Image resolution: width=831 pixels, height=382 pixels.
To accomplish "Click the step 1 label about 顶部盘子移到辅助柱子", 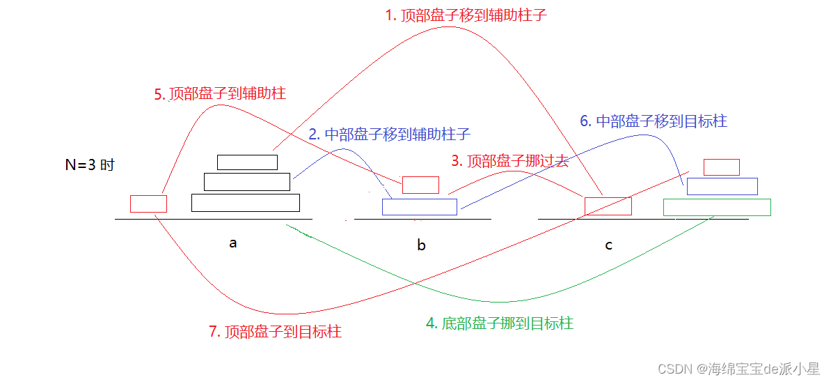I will coord(466,15).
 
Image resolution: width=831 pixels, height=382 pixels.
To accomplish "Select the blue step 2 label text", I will coord(389,135).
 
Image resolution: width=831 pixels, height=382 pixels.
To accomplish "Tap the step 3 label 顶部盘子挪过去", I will coord(509,161).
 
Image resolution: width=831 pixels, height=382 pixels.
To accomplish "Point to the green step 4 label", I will coord(499,323).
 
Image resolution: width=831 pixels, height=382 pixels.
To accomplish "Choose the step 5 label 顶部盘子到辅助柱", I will coord(220,93).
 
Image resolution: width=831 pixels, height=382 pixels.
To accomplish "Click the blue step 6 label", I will coord(654,121).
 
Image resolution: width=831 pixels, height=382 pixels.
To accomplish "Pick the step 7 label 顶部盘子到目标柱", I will coord(275,332).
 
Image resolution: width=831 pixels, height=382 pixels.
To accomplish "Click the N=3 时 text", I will coord(89,166).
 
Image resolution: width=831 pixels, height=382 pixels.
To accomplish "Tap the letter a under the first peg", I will coord(233,243).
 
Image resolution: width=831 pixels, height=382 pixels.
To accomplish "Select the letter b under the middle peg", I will coord(421,245).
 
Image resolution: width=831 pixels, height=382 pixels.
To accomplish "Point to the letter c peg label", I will coord(609,245).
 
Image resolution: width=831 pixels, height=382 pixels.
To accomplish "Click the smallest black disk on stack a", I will coord(247,162).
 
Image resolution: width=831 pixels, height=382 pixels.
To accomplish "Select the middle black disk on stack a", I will coord(246,182).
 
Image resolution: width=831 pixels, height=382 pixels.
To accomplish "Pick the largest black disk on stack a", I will coord(245,203).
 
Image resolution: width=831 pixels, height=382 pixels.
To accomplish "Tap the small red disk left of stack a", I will coord(148,204).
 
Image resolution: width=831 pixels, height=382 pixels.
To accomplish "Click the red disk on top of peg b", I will coord(420,185).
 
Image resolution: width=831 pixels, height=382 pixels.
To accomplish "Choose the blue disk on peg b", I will coord(419,207).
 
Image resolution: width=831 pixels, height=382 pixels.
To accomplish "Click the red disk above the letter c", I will coord(608,206).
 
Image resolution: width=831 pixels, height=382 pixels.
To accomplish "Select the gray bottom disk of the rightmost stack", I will coord(717,207).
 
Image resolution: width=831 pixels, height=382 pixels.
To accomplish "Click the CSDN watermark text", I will coord(738,368).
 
